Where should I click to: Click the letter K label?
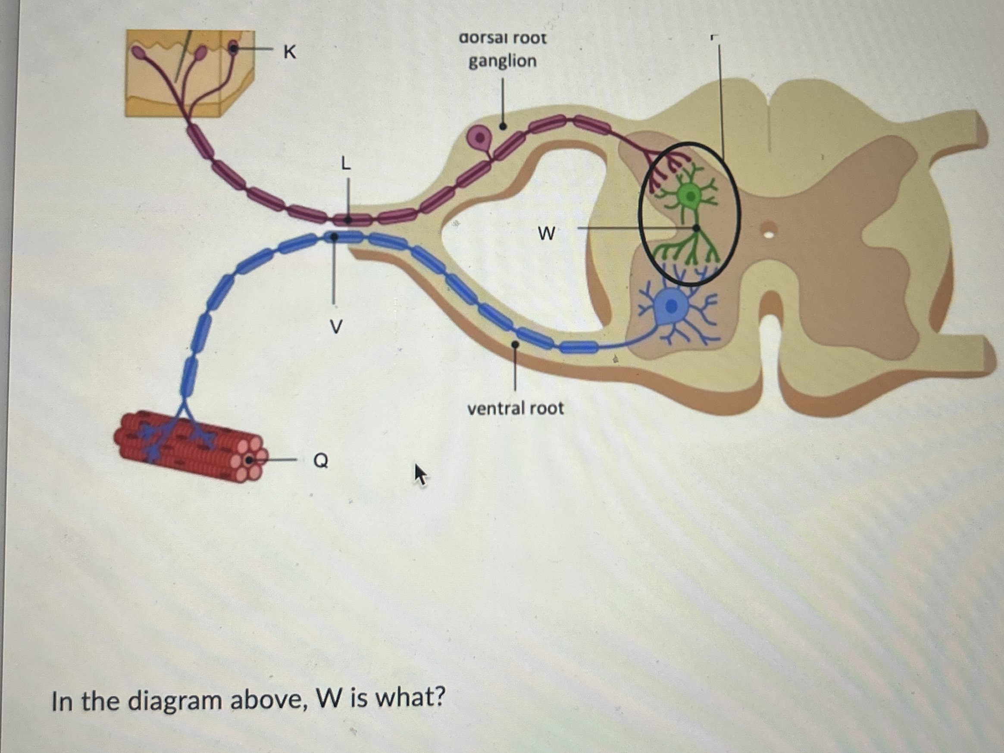[x=290, y=53]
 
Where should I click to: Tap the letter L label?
[x=346, y=163]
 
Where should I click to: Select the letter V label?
[x=335, y=326]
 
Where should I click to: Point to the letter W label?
[x=546, y=234]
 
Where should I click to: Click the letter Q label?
[x=320, y=461]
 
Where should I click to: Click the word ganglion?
[x=503, y=61]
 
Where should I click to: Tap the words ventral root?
[x=515, y=409]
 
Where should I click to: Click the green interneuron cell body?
[x=690, y=196]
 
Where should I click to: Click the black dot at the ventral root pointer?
[x=515, y=344]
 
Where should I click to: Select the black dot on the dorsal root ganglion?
[x=503, y=126]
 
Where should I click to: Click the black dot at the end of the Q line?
[x=249, y=461]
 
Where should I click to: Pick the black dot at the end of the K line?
[x=233, y=48]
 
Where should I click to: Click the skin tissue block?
[x=188, y=72]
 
